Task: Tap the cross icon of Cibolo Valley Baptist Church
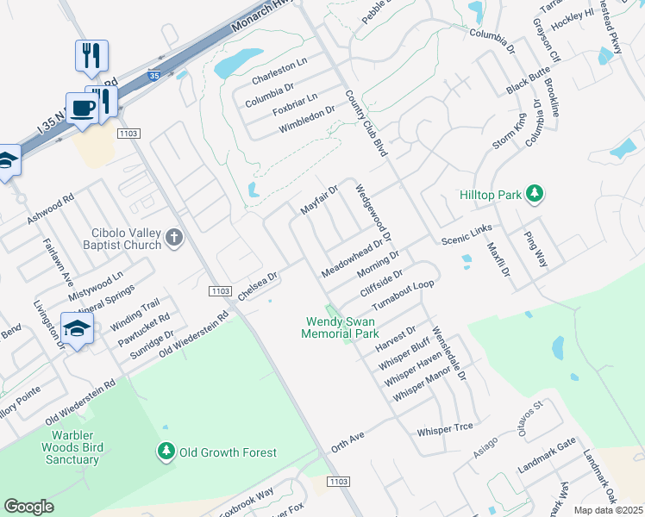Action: [x=175, y=238]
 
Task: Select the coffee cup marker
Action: [x=83, y=108]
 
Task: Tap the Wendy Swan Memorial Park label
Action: [x=341, y=327]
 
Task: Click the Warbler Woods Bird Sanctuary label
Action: [x=71, y=447]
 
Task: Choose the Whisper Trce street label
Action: [x=445, y=428]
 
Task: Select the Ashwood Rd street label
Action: [x=51, y=210]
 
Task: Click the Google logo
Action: [x=28, y=506]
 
